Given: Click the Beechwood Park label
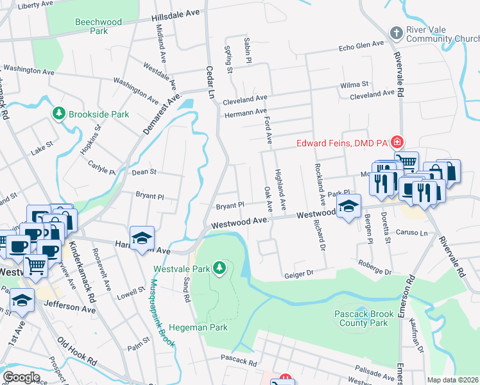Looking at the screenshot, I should click(x=98, y=26).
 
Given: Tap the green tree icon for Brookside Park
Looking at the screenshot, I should click(x=60, y=114).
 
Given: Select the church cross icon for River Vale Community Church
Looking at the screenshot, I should click(x=397, y=33).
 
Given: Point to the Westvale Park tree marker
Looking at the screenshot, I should click(x=220, y=266).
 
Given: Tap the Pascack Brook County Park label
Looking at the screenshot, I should click(x=361, y=318).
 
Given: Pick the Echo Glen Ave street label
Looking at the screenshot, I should click(x=361, y=47).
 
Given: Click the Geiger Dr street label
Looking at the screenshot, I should click(x=298, y=274).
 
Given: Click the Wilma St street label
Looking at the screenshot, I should click(x=355, y=85).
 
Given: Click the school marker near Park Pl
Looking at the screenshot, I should click(x=348, y=207).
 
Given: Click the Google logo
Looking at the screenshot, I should click(x=21, y=377).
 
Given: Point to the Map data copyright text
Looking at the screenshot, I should click(x=452, y=380).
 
